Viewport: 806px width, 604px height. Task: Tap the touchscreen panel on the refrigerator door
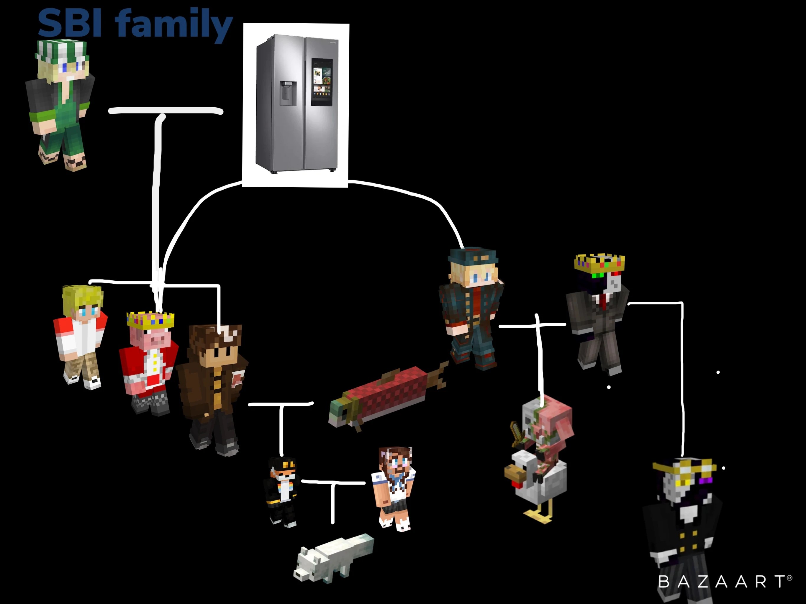(321, 82)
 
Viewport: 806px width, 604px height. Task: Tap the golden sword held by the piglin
(517, 434)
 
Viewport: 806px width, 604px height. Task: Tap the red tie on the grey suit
(604, 302)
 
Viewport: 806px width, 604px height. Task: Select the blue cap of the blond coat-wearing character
(473, 257)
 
